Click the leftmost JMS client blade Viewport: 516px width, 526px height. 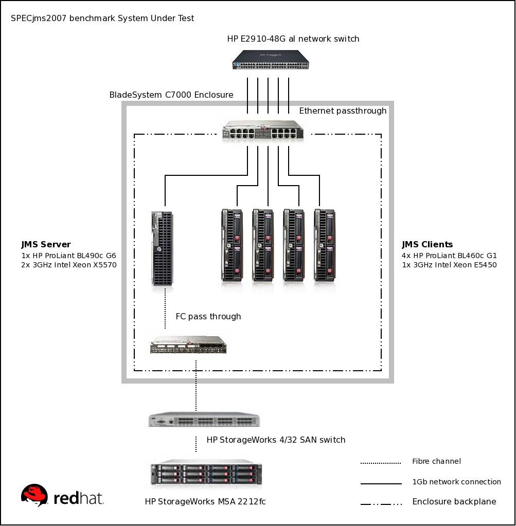tap(232, 245)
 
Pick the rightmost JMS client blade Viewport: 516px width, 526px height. tap(324, 245)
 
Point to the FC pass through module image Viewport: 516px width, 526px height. tap(188, 345)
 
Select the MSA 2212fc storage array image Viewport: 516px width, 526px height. tap(206, 474)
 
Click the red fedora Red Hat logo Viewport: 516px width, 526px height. tap(34, 496)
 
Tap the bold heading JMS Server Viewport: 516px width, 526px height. tap(46, 244)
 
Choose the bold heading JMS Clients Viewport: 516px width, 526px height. tap(427, 244)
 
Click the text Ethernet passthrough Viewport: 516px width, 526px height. tap(343, 111)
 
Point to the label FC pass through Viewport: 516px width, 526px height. tap(208, 316)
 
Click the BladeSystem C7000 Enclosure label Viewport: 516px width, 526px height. tap(171, 95)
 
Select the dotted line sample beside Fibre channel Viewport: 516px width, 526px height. tap(381, 463)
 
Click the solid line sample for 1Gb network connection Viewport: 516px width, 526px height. tap(381, 483)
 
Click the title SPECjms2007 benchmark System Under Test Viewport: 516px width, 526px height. tap(102, 19)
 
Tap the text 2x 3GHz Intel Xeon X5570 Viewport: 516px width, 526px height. tap(69, 265)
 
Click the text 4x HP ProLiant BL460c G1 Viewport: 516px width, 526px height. tap(449, 255)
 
